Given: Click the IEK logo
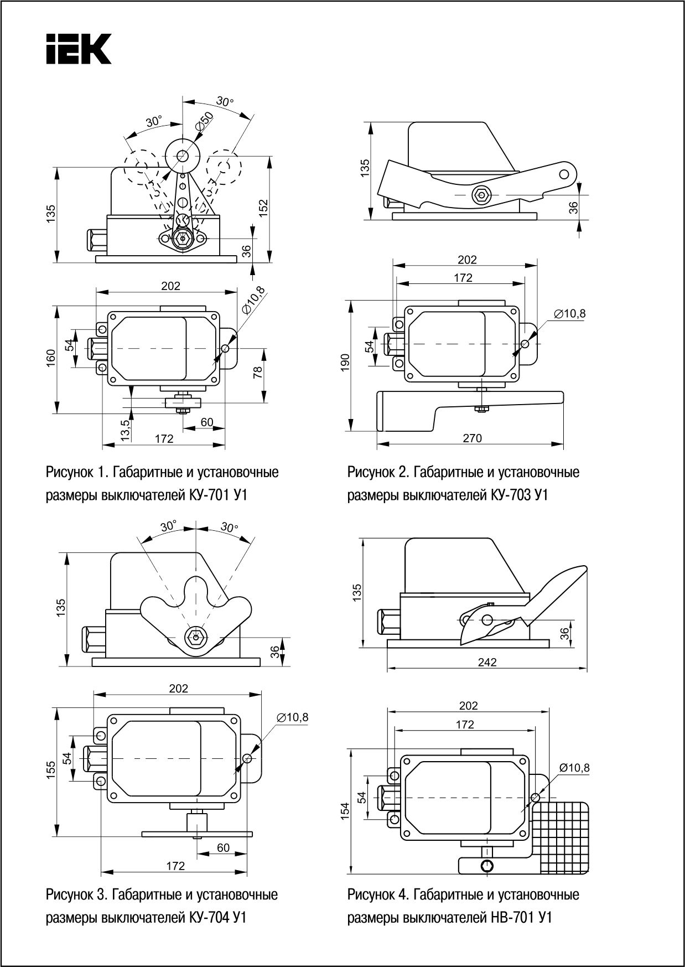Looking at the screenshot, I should pos(79,49).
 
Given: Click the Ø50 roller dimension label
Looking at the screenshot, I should pos(204,121).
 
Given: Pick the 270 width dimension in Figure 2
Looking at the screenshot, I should pos(472,438).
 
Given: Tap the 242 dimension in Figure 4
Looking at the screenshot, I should pos(487,662).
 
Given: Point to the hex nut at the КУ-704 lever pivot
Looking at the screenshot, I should pos(195,637).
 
